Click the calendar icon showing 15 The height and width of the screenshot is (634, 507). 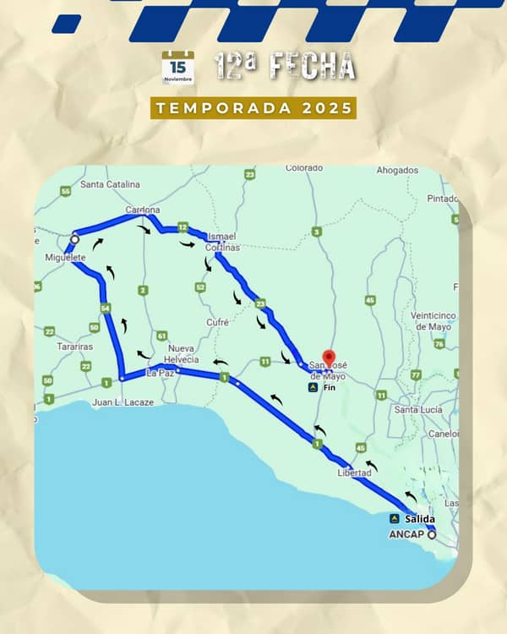177,68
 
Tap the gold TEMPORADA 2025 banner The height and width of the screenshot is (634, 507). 253,108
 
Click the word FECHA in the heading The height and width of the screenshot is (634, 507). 313,67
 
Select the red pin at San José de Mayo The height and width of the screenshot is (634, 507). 329,358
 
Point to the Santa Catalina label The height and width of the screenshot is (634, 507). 110,183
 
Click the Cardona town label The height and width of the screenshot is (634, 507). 142,210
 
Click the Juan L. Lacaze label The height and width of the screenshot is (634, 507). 123,402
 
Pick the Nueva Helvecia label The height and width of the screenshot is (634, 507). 181,354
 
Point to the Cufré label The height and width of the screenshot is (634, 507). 217,322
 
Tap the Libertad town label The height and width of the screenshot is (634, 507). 354,473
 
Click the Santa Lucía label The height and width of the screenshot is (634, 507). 417,409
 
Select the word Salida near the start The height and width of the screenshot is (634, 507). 420,518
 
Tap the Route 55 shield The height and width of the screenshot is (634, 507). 66,192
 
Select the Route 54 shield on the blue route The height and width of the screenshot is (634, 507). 106,309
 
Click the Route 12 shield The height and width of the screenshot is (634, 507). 183,227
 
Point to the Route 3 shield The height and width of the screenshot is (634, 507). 317,232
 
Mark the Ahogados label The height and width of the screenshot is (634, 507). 397,170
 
